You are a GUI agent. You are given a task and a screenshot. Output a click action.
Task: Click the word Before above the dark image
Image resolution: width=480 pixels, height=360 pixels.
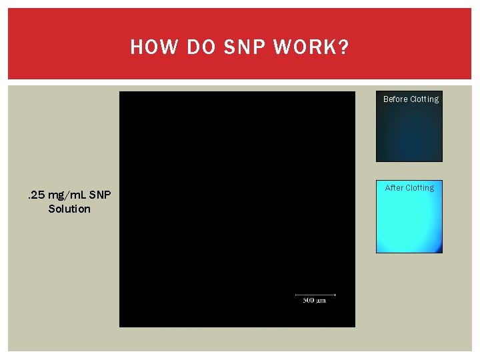(395, 99)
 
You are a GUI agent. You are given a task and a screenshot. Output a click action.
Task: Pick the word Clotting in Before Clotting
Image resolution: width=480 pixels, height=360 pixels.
(425, 99)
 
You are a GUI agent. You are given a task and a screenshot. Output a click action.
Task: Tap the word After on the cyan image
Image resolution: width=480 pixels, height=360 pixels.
(394, 188)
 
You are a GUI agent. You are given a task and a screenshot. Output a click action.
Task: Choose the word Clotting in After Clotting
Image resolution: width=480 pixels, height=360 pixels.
(420, 188)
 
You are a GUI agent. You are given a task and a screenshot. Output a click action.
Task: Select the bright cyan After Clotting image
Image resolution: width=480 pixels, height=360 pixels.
(409, 220)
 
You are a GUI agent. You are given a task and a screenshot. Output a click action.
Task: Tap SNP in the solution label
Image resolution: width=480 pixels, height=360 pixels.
(101, 195)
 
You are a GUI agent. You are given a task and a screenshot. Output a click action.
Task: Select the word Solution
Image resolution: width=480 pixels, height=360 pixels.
(69, 209)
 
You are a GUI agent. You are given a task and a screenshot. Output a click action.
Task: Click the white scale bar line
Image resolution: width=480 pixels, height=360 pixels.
(315, 294)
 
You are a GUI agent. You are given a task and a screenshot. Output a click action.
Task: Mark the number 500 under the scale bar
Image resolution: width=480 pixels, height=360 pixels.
(309, 301)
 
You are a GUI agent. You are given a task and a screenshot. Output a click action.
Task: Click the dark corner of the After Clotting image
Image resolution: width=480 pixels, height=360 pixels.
(437, 249)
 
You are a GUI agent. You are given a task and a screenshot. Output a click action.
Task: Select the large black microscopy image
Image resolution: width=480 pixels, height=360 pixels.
(237, 200)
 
